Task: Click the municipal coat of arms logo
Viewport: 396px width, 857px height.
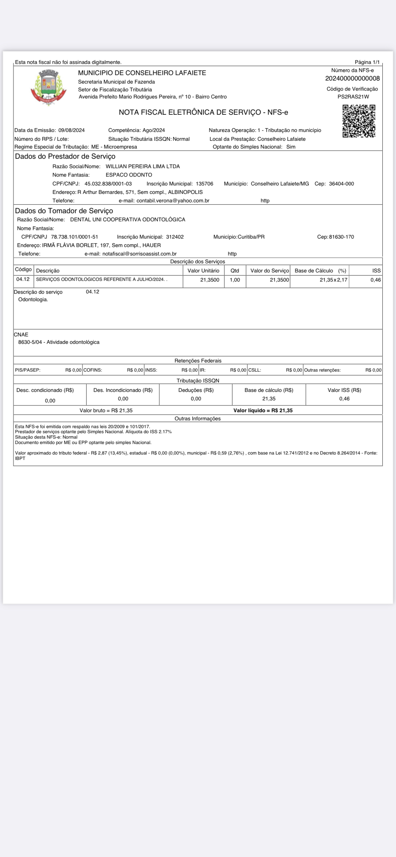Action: [48, 87]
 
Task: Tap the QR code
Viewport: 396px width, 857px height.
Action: [359, 121]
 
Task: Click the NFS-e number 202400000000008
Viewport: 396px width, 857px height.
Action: [352, 79]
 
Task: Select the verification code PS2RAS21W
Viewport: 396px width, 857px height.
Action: [353, 97]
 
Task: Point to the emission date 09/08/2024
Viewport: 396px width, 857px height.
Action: [71, 130]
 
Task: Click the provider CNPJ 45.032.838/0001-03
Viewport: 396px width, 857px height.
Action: [108, 184]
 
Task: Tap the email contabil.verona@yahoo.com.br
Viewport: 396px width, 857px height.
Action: [173, 201]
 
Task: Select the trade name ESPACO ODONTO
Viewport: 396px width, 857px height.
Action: [129, 175]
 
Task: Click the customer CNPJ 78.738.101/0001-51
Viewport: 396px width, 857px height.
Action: [74, 237]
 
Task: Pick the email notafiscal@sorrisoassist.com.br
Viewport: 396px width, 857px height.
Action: [139, 254]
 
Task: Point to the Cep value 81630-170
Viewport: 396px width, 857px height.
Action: [341, 237]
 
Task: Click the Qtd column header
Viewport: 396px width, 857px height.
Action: [235, 271]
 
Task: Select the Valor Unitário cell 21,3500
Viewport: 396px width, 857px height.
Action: [210, 280]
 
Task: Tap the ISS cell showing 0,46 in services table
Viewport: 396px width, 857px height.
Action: [375, 280]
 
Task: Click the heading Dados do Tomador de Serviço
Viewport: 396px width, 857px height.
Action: [64, 211]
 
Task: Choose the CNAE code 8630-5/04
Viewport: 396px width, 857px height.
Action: [30, 342]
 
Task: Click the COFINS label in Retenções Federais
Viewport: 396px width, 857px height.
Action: [93, 370]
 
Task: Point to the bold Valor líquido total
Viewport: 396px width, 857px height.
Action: [263, 411]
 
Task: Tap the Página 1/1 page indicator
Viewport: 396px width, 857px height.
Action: [367, 62]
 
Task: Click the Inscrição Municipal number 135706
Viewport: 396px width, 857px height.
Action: [204, 184]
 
